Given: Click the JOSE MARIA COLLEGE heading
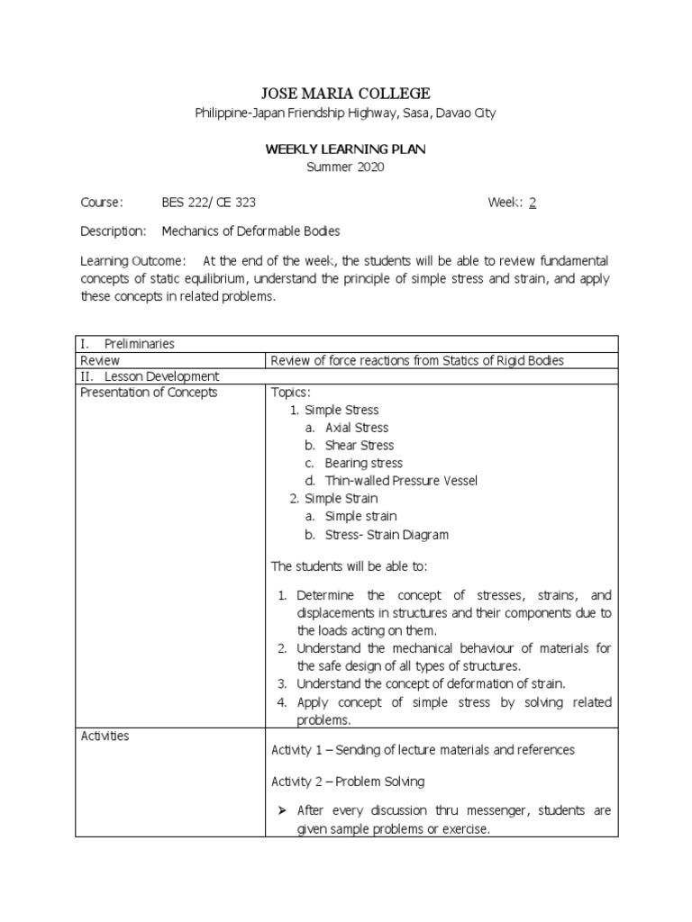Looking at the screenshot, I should pyautogui.click(x=345, y=94).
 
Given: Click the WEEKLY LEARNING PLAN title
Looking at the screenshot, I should pyautogui.click(x=345, y=149).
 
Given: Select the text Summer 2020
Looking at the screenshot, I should pyautogui.click(x=345, y=167).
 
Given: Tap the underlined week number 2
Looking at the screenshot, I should pyautogui.click(x=533, y=203).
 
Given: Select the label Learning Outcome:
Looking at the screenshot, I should pyautogui.click(x=132, y=261).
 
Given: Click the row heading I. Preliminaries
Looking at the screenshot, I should pyautogui.click(x=127, y=343).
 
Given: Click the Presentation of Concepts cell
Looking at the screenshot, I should pyautogui.click(x=149, y=393).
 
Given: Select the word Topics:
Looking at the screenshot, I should pyautogui.click(x=290, y=393).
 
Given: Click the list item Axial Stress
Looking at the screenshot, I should pyautogui.click(x=357, y=428).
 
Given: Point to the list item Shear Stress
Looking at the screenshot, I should pyautogui.click(x=360, y=445).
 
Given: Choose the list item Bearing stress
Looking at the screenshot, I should pyautogui.click(x=363, y=463).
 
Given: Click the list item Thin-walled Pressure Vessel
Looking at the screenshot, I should pyautogui.click(x=401, y=481).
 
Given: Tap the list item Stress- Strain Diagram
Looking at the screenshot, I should pyautogui.click(x=387, y=534).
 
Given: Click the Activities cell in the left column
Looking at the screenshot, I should pyautogui.click(x=105, y=737).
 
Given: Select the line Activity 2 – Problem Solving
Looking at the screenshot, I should pyautogui.click(x=348, y=781).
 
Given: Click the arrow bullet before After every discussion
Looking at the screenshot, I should pyautogui.click(x=278, y=810).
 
